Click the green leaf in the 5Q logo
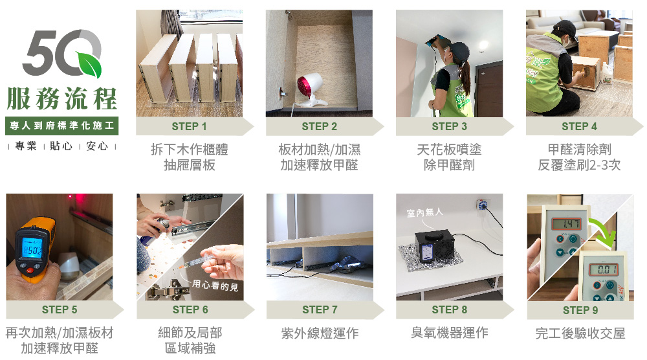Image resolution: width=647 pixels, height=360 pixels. coord(89,63)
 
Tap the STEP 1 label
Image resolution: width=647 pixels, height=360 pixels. coord(189,126)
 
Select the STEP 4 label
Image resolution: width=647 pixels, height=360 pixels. coord(579,126)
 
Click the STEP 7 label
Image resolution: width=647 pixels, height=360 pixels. coord(320,309)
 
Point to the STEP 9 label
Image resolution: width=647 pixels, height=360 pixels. coord(580,310)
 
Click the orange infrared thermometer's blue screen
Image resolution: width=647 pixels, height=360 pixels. coord(32,249)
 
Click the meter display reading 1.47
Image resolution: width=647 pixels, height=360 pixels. coord(567,224)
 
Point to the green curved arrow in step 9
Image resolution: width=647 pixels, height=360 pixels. coord(604,233)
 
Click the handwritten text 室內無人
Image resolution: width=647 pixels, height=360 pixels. coord(424,212)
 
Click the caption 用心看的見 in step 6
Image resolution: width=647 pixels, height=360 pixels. coord(215,285)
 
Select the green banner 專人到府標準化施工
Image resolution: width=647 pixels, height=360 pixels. coord(62,126)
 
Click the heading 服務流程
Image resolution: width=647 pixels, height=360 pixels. coord(62,99)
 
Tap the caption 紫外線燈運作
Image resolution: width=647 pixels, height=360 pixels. coord(320,333)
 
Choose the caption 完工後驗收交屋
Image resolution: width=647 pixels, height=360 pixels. coord(580,333)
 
